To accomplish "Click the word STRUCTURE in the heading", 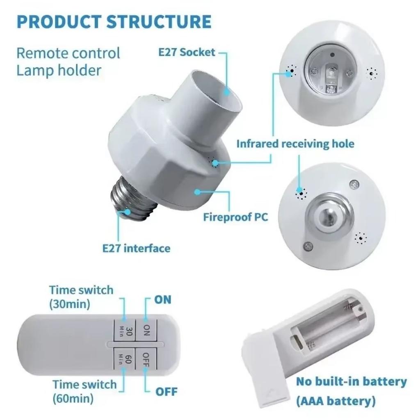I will [159, 21].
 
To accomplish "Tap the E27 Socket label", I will [187, 52].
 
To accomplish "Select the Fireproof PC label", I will [235, 217].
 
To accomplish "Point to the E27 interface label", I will [136, 248].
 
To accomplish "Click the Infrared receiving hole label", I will [295, 144].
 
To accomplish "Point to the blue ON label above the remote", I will [162, 299].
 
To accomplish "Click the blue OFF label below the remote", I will [167, 391].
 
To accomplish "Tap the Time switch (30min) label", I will [81, 297].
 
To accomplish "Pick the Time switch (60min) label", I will [84, 391].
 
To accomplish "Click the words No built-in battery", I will [352, 381].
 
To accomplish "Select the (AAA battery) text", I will [336, 401].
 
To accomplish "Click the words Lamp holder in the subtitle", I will [59, 70].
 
